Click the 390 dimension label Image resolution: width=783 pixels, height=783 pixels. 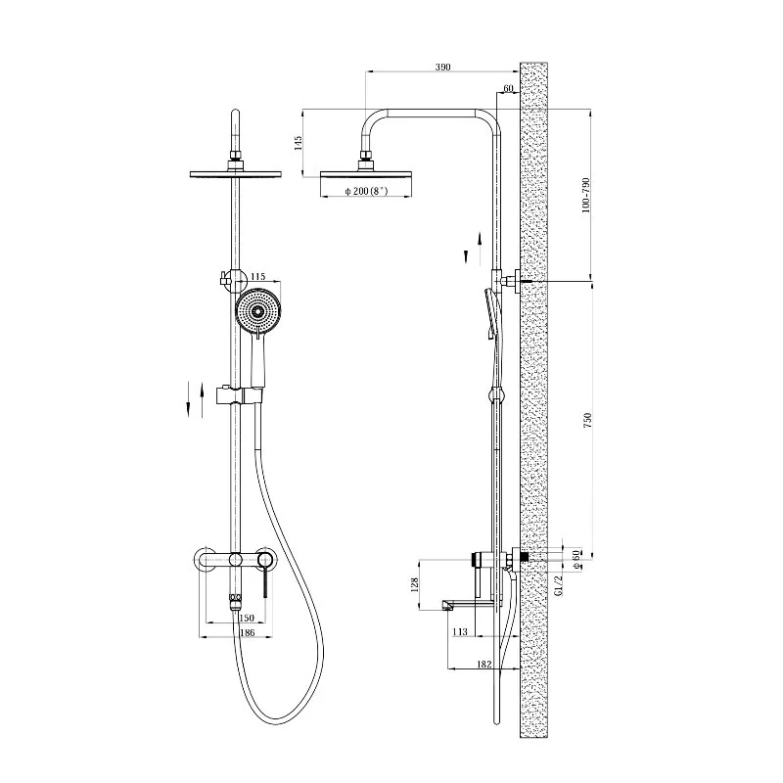(443, 68)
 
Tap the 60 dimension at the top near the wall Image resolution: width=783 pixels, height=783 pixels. (508, 89)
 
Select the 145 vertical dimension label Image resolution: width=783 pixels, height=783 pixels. (299, 143)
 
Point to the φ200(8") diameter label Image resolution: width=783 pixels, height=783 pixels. (366, 191)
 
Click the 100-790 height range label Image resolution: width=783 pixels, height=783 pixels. (585, 195)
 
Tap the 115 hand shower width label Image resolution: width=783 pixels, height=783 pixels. (258, 277)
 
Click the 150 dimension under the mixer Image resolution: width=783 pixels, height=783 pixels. (247, 618)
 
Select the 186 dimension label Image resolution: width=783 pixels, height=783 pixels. (248, 632)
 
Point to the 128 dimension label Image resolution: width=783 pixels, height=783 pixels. (414, 584)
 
